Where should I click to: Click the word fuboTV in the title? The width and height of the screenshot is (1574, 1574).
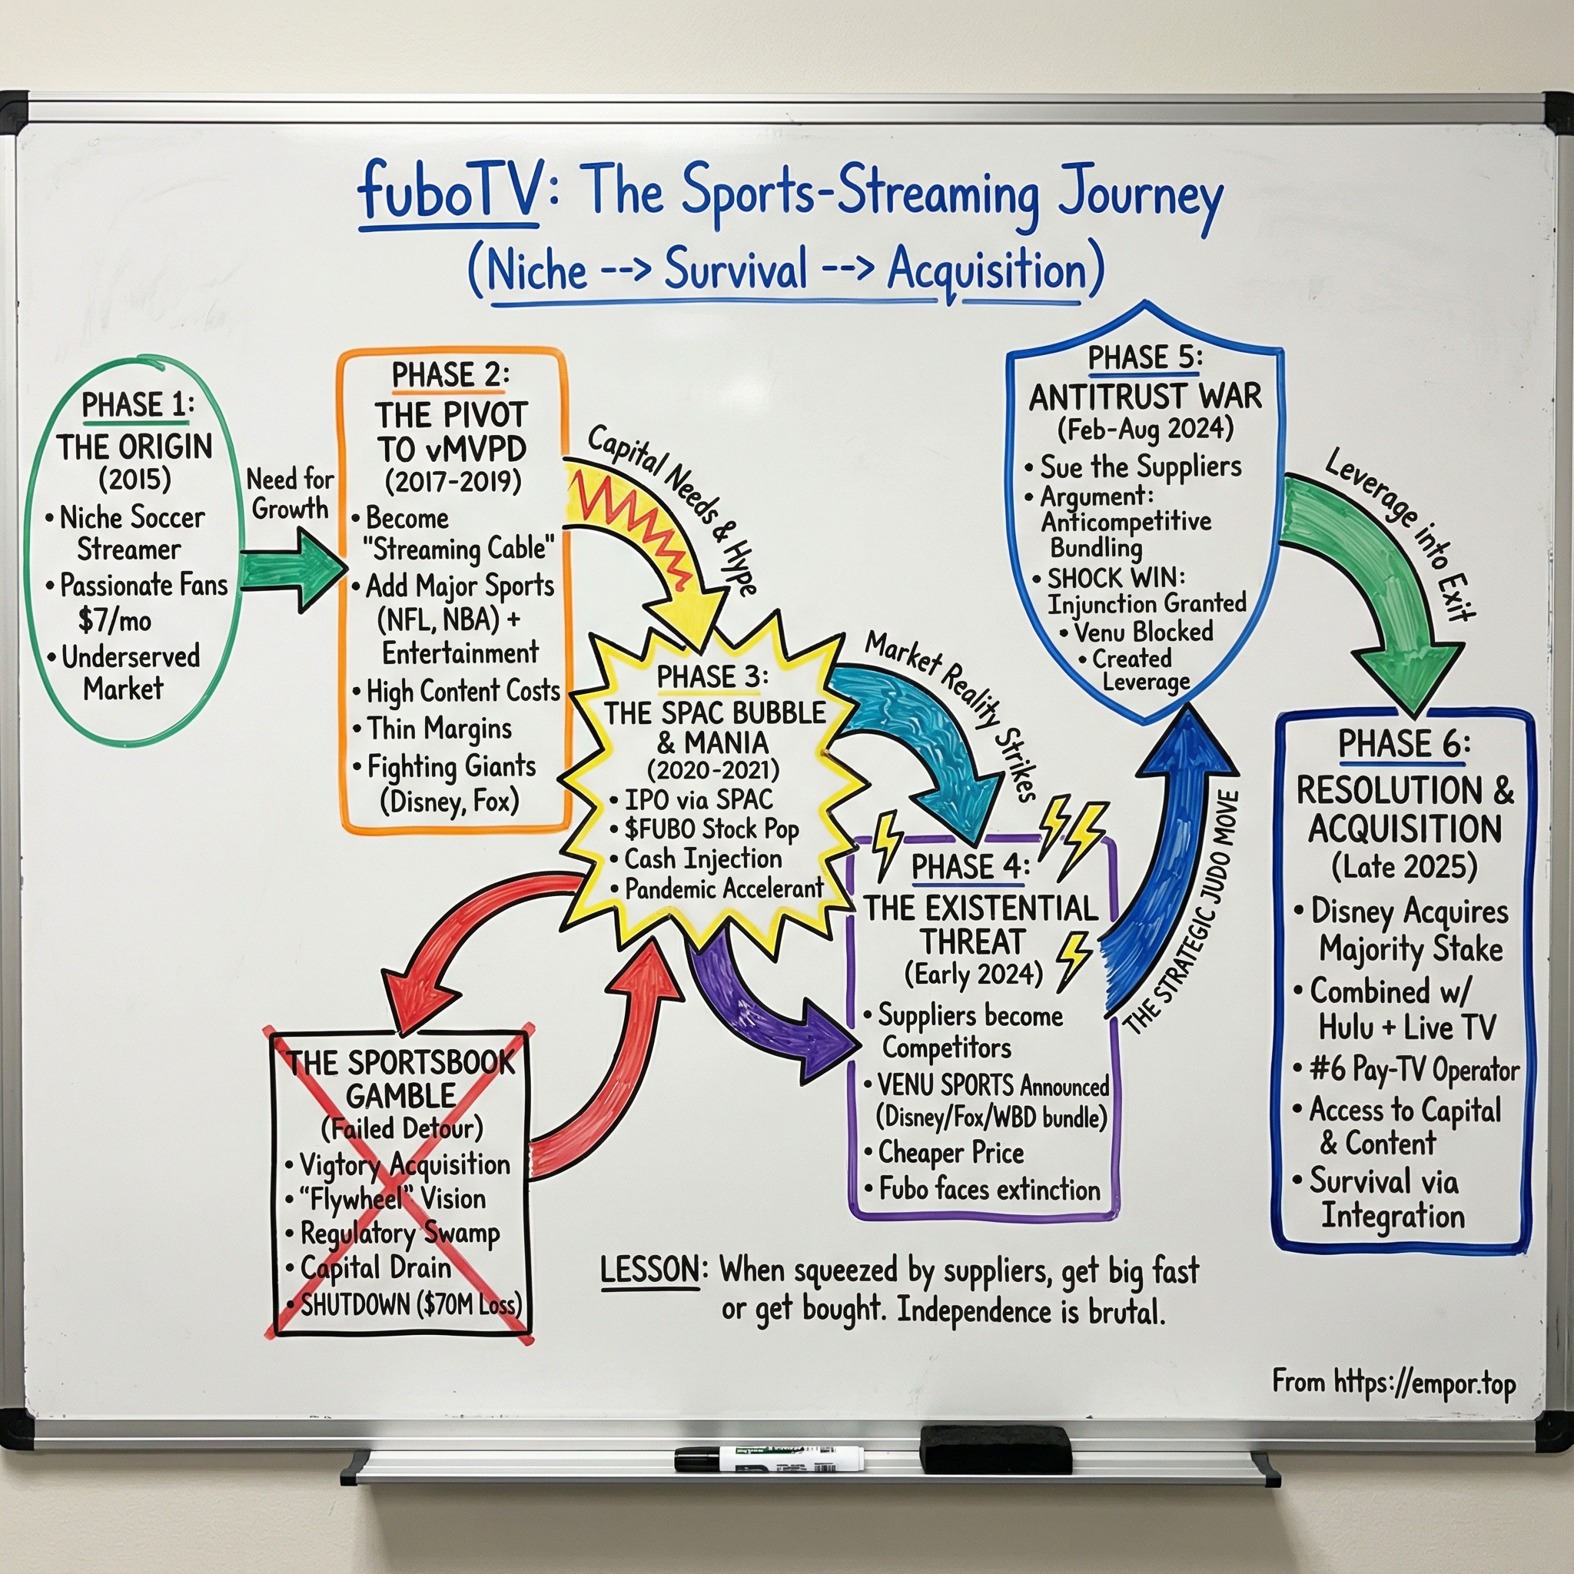pyautogui.click(x=449, y=191)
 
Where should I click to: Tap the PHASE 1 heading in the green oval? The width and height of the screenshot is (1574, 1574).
pyautogui.click(x=137, y=406)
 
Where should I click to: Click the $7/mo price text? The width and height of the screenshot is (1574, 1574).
pyautogui.click(x=115, y=621)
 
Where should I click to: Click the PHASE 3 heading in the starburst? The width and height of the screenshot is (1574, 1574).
pyautogui.click(x=711, y=676)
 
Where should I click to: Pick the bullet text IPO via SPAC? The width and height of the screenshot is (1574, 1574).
pyautogui.click(x=698, y=799)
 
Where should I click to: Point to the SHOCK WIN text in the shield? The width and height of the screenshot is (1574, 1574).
pyautogui.click(x=1115, y=579)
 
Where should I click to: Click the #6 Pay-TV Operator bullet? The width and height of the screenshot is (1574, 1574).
pyautogui.click(x=1413, y=1069)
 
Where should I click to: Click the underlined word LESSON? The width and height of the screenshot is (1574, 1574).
pyautogui.click(x=649, y=1270)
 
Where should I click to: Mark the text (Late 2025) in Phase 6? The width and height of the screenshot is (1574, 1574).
pyautogui.click(x=1403, y=867)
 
